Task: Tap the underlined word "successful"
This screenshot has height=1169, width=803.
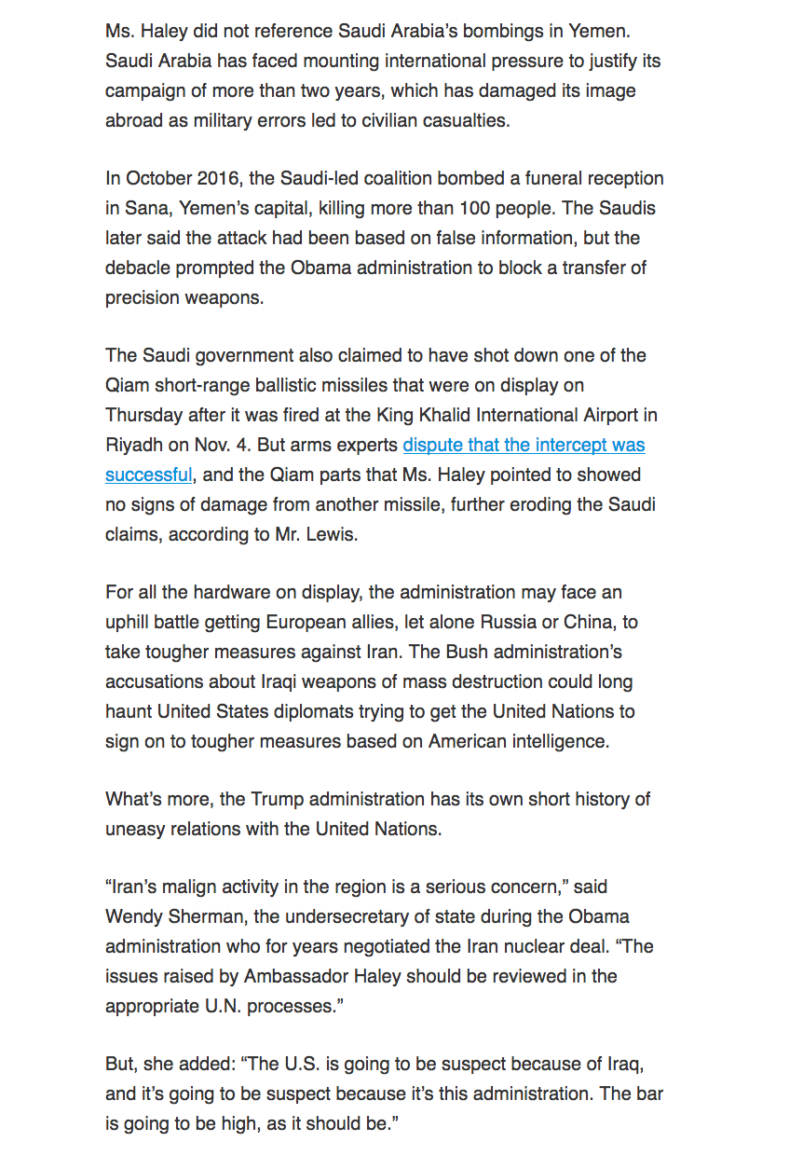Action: point(148,474)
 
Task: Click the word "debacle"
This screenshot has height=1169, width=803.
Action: point(138,268)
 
